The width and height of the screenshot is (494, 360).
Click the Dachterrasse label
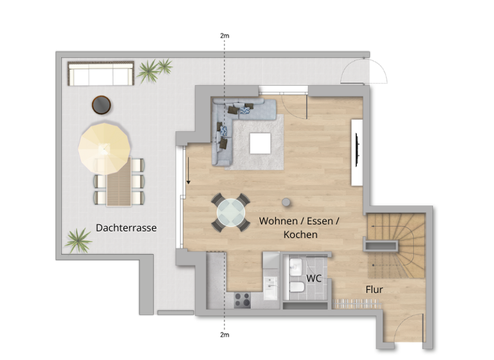pyautogui.click(x=126, y=228)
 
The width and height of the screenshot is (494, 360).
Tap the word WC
pyautogui.click(x=314, y=278)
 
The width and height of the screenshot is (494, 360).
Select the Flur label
pyautogui.click(x=374, y=290)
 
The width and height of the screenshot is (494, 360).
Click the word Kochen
pyautogui.click(x=300, y=235)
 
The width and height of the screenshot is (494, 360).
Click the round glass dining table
pyautogui.click(x=231, y=212)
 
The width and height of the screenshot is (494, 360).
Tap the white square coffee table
pyautogui.click(x=261, y=143)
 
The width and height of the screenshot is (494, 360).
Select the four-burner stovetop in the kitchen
pyautogui.click(x=242, y=299)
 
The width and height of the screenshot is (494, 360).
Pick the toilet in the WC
pyautogui.click(x=297, y=287)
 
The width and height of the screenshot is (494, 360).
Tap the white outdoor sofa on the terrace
pyautogui.click(x=101, y=74)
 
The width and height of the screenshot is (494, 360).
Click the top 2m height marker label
pyautogui.click(x=224, y=36)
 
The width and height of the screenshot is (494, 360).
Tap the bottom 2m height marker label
pyautogui.click(x=224, y=335)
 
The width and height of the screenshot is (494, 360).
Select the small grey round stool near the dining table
pyautogui.click(x=286, y=202)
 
